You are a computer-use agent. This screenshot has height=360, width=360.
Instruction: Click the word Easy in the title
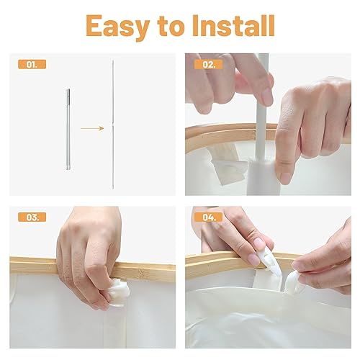click(118, 27)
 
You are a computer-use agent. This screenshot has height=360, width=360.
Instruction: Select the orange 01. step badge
click(32, 64)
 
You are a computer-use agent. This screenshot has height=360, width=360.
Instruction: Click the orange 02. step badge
click(209, 64)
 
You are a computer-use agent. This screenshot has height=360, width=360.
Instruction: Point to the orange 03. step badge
click(32, 217)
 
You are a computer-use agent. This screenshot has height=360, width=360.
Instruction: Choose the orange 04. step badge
click(209, 217)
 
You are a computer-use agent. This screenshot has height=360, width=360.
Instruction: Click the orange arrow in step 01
click(92, 128)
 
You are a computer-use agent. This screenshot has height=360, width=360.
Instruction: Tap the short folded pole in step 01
click(68, 130)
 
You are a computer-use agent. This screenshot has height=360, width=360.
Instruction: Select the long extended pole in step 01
click(113, 125)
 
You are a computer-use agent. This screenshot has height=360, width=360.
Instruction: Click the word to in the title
click(171, 27)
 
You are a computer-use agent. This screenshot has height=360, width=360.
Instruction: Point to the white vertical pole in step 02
click(261, 106)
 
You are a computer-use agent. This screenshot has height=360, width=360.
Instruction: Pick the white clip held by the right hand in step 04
click(293, 283)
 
